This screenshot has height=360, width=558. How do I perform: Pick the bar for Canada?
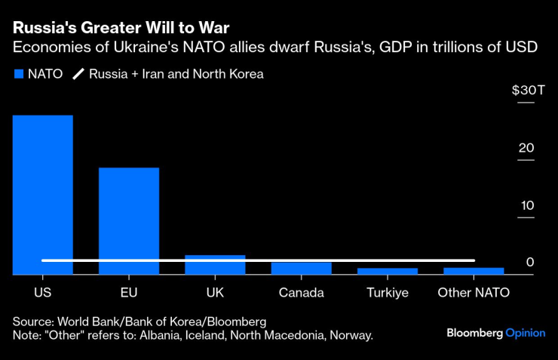301,269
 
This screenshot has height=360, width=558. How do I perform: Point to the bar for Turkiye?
388,272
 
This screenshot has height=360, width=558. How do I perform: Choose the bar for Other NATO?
474,271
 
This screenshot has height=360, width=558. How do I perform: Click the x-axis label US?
42,292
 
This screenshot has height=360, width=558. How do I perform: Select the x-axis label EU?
129,292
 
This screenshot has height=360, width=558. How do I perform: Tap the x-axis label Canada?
301,292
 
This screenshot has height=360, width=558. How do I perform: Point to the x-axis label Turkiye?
388,292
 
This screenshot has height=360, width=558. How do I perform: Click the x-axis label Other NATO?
474,292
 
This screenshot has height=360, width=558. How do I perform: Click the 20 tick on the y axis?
526,148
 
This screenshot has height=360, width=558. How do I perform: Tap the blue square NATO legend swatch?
18,75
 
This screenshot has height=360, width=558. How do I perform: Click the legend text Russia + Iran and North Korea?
176,75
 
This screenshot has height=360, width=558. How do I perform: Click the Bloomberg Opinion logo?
495,332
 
